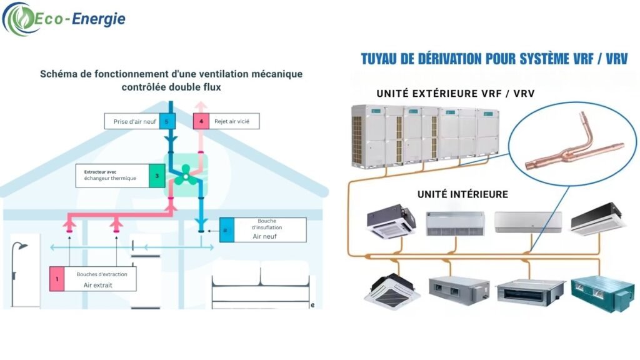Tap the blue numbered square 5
tap(166, 121)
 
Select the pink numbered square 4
tap(201, 121)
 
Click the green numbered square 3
tap(157, 176)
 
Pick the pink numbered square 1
tap(57, 279)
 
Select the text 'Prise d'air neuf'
tap(131, 121)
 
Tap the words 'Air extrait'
tap(101, 285)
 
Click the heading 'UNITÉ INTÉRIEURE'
tap(462, 194)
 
